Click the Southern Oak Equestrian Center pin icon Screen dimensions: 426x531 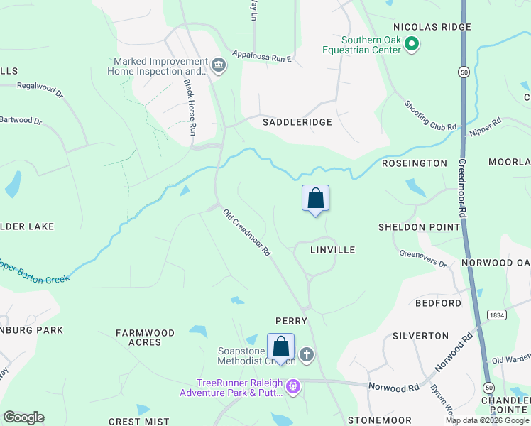coord(411,45)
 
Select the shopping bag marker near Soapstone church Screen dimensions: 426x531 coord(281,348)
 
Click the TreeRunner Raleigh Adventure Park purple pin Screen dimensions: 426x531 coord(293,387)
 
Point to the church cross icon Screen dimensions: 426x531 coord(306,354)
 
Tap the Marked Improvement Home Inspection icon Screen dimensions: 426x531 coord(218,66)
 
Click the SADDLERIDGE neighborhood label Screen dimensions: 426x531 coord(297,122)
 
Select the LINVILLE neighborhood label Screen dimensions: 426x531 coord(333,250)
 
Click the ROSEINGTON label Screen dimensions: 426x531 coord(414,163)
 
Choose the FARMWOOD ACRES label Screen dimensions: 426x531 coord(146,337)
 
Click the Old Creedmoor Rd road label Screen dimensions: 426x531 coord(247,232)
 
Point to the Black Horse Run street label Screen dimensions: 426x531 coord(190,107)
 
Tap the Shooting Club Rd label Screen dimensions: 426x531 coord(431,116)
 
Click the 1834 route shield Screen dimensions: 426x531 coord(496,314)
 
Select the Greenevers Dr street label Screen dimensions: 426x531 coord(422,258)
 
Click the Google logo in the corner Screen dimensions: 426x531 coord(23,417)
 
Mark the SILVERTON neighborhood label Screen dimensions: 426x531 coord(425,335)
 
